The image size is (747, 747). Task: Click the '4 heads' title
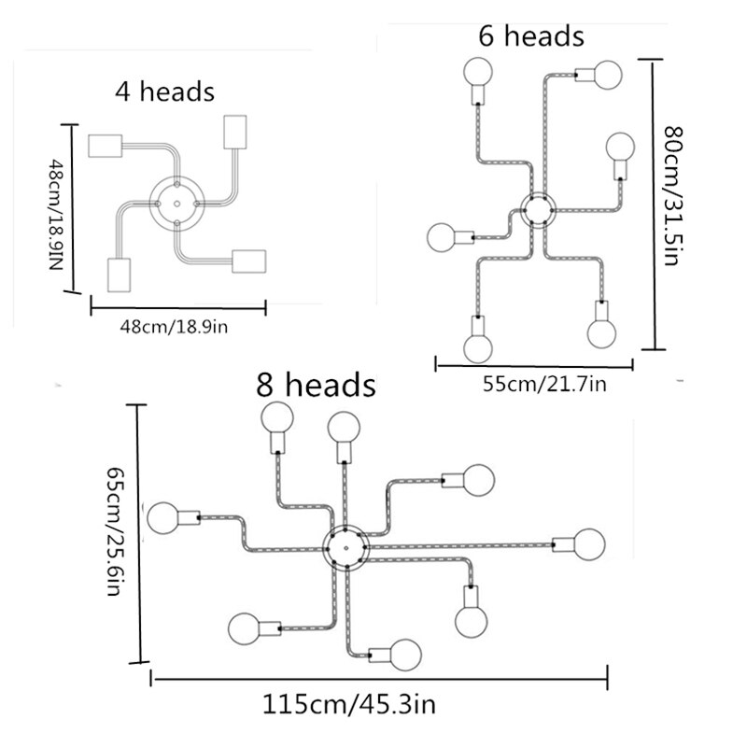[x=165, y=92]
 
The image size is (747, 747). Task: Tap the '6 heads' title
[x=531, y=36]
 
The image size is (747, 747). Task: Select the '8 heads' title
[x=316, y=385]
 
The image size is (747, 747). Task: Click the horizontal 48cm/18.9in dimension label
[x=174, y=328]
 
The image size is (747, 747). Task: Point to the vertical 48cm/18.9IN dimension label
[x=56, y=215]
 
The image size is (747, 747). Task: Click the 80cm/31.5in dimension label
[x=673, y=196]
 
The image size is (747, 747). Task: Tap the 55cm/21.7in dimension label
[x=544, y=384]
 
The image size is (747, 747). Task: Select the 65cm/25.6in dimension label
[x=114, y=531]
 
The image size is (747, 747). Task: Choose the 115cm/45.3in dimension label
[x=349, y=705]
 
